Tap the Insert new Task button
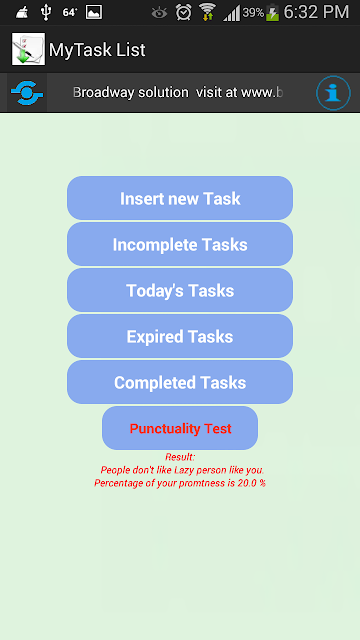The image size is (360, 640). tap(180, 198)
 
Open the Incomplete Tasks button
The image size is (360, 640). tap(180, 244)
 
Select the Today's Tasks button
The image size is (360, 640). tap(180, 290)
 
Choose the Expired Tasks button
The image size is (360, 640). tap(180, 336)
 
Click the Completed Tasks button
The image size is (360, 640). tap(180, 382)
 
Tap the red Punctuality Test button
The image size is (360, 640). tap(180, 428)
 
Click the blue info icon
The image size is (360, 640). tap(333, 93)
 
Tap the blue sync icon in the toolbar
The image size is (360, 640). tap(27, 93)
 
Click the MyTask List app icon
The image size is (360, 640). tap(28, 49)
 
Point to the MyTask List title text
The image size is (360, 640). tap(97, 50)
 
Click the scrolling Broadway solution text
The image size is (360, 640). tap(178, 93)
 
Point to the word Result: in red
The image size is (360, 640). tap(180, 457)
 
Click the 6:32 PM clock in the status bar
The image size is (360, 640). tap(316, 12)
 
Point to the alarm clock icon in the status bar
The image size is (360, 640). tap(184, 12)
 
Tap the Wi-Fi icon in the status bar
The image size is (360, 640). tap(207, 12)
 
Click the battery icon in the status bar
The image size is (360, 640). tap(273, 13)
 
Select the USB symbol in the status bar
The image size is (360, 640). tap(46, 12)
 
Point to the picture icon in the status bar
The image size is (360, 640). tap(94, 12)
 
